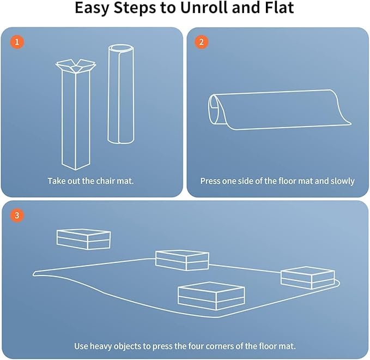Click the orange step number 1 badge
coord(17,42)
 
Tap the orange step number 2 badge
coord(201,42)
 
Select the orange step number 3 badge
coord(17,215)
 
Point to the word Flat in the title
coord(280,8)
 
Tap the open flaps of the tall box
coord(76,65)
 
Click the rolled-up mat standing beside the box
coord(121,94)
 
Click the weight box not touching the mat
coord(83,239)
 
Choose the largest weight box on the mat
coord(211,296)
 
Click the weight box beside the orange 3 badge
coord(83,239)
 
